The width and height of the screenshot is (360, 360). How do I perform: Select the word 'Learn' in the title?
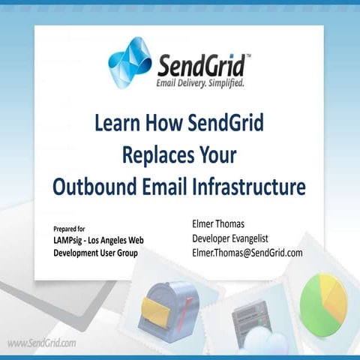[117, 124]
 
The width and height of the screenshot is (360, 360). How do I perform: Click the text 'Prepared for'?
[70, 228]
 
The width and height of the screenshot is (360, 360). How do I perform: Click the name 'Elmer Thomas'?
[220, 224]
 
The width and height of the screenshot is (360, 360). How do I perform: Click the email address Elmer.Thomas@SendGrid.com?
[247, 253]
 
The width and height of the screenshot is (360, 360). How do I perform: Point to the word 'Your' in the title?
[214, 155]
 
